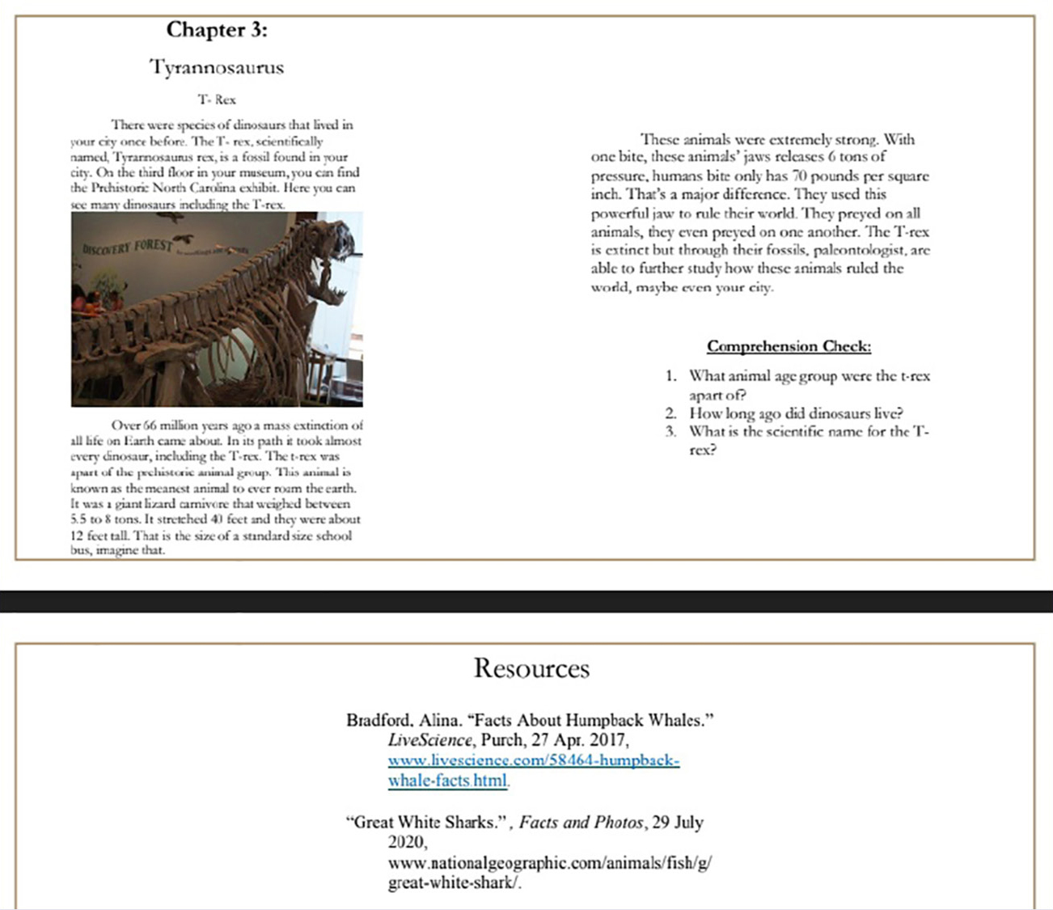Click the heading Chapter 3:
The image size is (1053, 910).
(x=216, y=30)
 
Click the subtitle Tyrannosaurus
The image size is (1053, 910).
(x=217, y=67)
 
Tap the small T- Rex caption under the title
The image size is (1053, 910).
(x=217, y=99)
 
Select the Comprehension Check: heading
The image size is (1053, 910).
(x=789, y=346)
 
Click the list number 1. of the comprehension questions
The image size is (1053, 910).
(x=670, y=376)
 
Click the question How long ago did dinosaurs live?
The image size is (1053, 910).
(x=796, y=413)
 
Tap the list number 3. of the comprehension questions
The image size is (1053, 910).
(x=670, y=431)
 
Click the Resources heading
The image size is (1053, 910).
(x=531, y=668)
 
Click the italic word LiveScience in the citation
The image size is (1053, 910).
(x=429, y=740)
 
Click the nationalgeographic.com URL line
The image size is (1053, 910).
(x=549, y=863)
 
